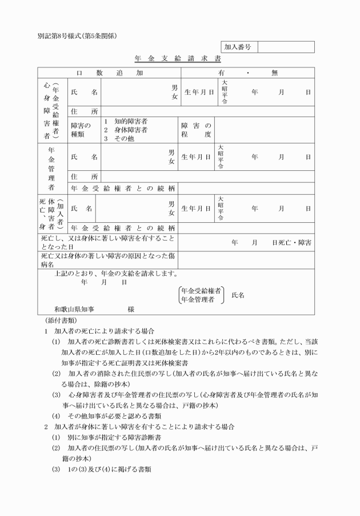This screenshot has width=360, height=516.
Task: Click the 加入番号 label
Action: click(x=238, y=46)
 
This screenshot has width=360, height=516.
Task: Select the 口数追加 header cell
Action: click(x=109, y=73)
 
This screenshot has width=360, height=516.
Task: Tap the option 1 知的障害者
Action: click(x=126, y=121)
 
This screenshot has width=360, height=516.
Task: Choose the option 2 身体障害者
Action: click(x=126, y=130)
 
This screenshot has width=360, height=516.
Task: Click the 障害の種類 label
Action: click(x=81, y=130)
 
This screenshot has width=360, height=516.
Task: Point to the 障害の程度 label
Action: click(x=196, y=130)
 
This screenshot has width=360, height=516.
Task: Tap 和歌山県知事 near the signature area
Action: click(x=74, y=309)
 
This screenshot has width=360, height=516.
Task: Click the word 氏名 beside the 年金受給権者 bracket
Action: click(x=238, y=295)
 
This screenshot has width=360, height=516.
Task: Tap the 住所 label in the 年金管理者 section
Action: click(x=84, y=176)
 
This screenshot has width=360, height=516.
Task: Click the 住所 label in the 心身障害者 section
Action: click(x=84, y=111)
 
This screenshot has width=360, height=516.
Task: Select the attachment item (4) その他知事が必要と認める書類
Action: click(x=114, y=415)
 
